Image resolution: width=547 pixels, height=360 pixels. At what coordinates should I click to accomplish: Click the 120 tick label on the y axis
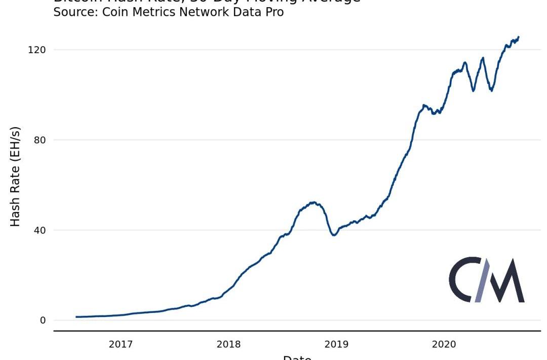tap(37, 50)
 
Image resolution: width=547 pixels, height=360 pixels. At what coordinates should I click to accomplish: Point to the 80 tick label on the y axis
tap(40, 140)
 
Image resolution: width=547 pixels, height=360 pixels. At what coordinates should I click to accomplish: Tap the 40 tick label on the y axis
tap(40, 230)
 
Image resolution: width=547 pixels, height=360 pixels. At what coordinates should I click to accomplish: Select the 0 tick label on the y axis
tap(43, 320)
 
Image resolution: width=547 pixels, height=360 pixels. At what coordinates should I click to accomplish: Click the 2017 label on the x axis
tap(121, 345)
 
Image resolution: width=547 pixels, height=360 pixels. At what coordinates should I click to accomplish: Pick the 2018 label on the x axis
tap(228, 345)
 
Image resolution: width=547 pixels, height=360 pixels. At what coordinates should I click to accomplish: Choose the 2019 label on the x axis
tap(336, 345)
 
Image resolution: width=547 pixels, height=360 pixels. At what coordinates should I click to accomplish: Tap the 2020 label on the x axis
tap(444, 345)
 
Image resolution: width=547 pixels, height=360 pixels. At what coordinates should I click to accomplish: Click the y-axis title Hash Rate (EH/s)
tap(15, 176)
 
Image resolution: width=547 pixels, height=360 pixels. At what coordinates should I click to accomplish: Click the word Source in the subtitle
tap(75, 12)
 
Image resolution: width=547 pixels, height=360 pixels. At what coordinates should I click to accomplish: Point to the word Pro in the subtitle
tap(273, 12)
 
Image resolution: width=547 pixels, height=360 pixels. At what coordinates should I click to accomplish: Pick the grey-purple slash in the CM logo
tap(482, 280)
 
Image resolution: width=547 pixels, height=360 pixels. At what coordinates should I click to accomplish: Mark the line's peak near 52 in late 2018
tap(314, 203)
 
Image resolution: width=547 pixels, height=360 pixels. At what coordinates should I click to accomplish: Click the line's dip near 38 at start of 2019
tap(334, 235)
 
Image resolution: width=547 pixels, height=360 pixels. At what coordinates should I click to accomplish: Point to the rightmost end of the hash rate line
tap(519, 37)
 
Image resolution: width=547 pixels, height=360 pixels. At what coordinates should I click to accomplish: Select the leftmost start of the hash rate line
tap(76, 317)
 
